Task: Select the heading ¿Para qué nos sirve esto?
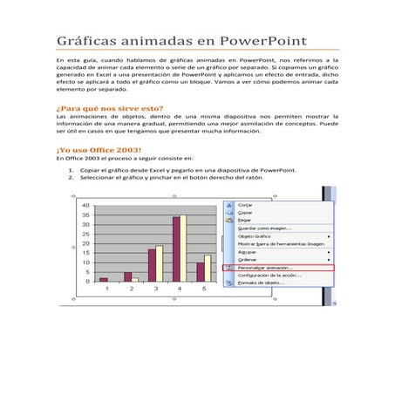[108, 107]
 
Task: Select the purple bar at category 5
[200, 271]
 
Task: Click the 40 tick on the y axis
[85, 206]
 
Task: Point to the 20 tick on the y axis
[85, 244]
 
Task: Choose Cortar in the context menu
[246, 206]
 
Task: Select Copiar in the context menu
[246, 214]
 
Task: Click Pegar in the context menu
[245, 221]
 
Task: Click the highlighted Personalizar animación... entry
[267, 268]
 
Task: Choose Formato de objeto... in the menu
[261, 283]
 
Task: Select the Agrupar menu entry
[248, 252]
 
